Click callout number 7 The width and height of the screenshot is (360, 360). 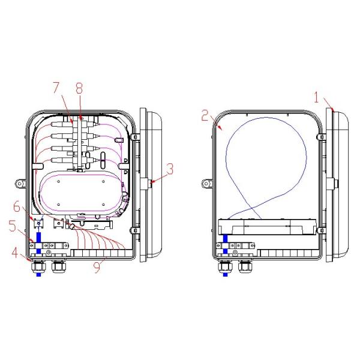(56, 88)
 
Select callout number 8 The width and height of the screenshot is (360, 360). (79, 88)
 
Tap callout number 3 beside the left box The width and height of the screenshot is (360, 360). (170, 169)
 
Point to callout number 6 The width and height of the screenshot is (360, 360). (17, 206)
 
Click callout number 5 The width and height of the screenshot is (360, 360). (13, 226)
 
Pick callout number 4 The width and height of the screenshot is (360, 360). (15, 253)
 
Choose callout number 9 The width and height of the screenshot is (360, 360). (97, 268)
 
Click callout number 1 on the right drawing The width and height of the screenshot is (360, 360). (317, 97)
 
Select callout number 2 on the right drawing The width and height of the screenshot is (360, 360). (205, 115)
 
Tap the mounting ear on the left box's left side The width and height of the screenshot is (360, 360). (20, 184)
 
